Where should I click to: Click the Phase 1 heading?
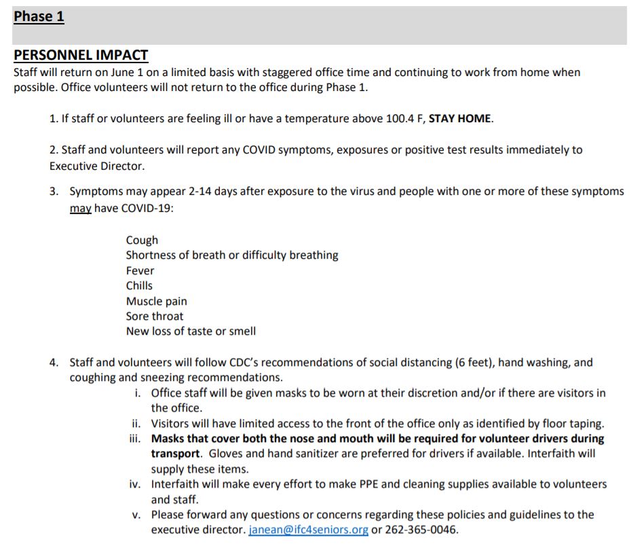click(x=39, y=17)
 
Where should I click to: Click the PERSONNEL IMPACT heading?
click(x=81, y=56)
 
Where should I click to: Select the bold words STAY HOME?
click(x=460, y=119)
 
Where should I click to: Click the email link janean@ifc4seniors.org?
click(x=308, y=530)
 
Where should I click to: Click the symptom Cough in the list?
click(x=142, y=240)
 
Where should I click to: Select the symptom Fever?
click(x=140, y=271)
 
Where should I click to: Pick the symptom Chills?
click(x=139, y=286)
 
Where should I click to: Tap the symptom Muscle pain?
click(x=156, y=302)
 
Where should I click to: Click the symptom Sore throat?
click(x=154, y=316)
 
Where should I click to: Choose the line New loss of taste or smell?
click(x=191, y=332)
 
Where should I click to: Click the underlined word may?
click(x=80, y=208)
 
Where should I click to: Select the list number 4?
click(x=54, y=363)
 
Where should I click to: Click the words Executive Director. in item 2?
click(x=96, y=166)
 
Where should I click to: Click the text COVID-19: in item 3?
click(x=147, y=208)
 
